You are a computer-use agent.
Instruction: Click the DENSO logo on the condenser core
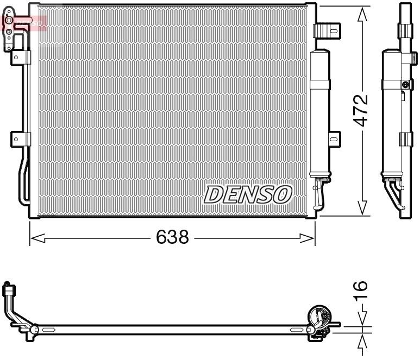(x=248, y=194)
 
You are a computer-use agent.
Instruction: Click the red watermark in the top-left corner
(x=24, y=22)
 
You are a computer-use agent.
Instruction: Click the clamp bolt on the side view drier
(x=405, y=84)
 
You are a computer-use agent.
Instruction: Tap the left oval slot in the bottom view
(x=48, y=330)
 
